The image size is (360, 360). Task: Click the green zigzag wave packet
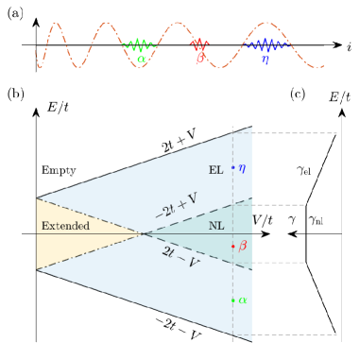pos(140,44)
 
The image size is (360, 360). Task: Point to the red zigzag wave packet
pos(199,44)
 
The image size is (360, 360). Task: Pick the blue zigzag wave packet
pos(269,44)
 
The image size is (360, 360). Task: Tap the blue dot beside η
pos(233,167)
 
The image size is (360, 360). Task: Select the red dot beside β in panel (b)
pos(233,246)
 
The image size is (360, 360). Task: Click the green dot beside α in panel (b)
pos(233,300)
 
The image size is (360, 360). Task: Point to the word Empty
pos(58,169)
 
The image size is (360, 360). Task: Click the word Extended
pos(63,228)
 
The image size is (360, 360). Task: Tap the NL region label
pos(214,228)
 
